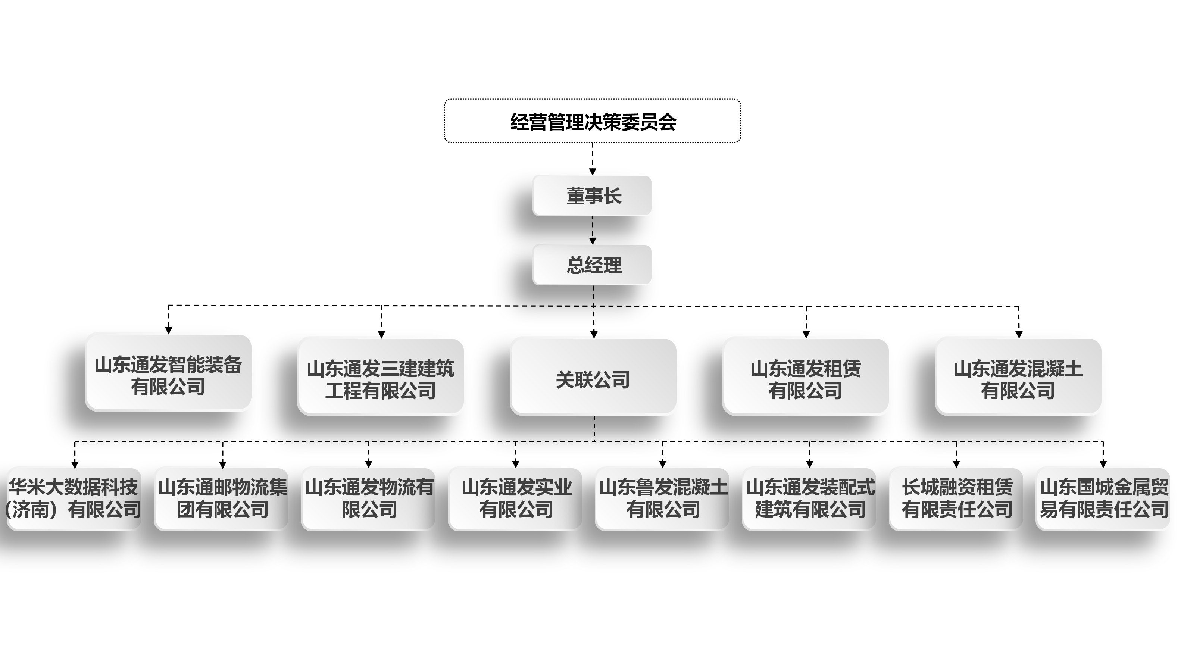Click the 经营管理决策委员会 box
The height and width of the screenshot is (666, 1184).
[592, 121]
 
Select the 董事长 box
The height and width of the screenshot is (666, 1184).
[592, 196]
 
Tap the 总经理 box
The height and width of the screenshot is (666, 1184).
[592, 265]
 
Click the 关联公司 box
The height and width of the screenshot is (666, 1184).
[593, 377]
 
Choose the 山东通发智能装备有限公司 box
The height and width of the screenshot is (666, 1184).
[168, 373]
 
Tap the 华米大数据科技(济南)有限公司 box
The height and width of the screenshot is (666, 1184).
[74, 499]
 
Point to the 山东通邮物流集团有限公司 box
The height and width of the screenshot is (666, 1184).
[222, 499]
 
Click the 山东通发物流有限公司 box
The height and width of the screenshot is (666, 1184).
[369, 499]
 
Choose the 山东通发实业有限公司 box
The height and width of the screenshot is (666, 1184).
[515, 499]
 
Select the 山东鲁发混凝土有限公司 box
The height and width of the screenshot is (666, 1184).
[662, 499]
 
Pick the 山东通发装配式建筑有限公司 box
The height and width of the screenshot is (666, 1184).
[809, 499]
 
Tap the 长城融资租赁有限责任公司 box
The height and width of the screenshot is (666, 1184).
[956, 499]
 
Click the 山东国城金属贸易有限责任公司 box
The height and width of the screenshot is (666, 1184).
[1103, 499]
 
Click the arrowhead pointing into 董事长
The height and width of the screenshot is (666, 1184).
[593, 171]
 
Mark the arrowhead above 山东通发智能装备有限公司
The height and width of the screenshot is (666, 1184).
[169, 330]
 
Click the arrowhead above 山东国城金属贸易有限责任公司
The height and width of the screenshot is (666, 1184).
[1103, 464]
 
